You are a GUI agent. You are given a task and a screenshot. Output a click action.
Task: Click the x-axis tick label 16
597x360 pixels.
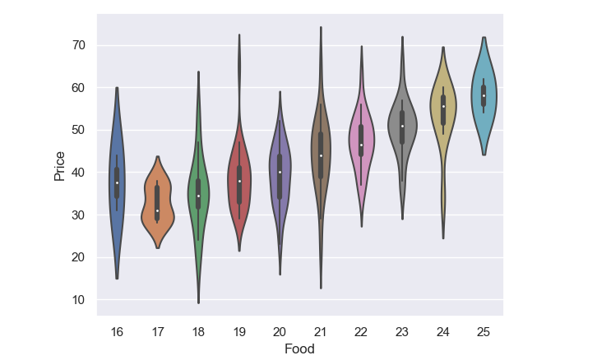pyautogui.click(x=117, y=330)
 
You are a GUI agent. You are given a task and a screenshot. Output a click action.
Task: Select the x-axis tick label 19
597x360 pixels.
pyautogui.click(x=239, y=330)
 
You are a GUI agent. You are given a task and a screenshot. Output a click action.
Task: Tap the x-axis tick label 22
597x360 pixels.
pyautogui.click(x=361, y=330)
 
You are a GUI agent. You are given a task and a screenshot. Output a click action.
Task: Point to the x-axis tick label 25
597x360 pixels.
pyautogui.click(x=484, y=330)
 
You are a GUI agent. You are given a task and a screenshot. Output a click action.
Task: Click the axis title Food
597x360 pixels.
pyautogui.click(x=300, y=348)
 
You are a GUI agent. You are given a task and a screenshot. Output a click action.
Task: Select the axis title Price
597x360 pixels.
pyautogui.click(x=59, y=164)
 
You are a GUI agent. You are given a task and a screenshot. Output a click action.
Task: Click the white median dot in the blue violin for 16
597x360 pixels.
pyautogui.click(x=117, y=182)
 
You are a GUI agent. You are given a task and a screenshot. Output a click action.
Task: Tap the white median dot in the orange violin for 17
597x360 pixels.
pyautogui.click(x=158, y=210)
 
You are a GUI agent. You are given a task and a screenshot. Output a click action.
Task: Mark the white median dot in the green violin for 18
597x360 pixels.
pyautogui.click(x=198, y=196)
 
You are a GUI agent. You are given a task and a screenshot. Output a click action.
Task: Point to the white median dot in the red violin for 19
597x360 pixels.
pyautogui.click(x=239, y=181)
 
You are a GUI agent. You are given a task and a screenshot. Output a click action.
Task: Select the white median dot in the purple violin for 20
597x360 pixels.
pyautogui.click(x=280, y=173)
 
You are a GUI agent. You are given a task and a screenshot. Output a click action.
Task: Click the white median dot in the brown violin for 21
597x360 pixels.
pyautogui.click(x=321, y=155)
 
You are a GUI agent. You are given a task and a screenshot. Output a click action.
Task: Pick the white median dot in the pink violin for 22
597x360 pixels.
pyautogui.click(x=361, y=145)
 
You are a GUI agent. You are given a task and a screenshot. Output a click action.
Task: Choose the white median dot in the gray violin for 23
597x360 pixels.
pyautogui.click(x=402, y=126)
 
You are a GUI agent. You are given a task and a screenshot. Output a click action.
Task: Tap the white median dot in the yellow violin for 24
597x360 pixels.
pyautogui.click(x=443, y=106)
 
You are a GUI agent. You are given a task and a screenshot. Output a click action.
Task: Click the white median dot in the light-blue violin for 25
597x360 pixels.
pyautogui.click(x=484, y=95)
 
